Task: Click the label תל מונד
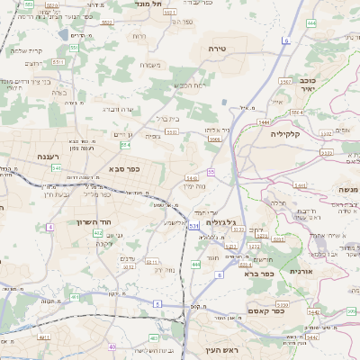148,4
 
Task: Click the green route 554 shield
125,144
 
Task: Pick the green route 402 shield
98,232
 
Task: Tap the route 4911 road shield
129,266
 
